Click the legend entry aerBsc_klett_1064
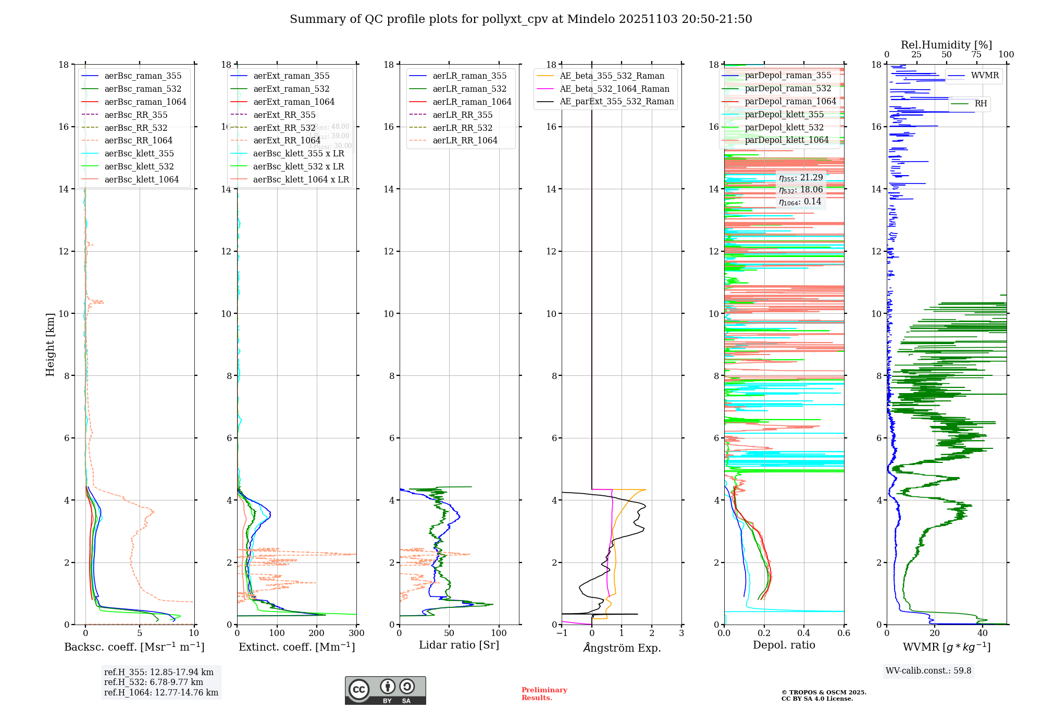click(141, 179)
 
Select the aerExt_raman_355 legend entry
click(291, 76)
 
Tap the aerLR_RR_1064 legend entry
click(465, 141)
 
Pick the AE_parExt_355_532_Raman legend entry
click(616, 102)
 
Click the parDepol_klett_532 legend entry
click(784, 127)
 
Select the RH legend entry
click(981, 104)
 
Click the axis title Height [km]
click(50, 344)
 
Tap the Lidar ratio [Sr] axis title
click(458, 645)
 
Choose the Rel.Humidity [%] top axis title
click(946, 45)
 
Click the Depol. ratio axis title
click(784, 645)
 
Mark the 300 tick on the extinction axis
click(356, 633)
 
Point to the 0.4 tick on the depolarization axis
click(804, 633)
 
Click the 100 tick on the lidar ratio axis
click(499, 633)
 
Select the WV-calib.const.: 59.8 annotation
click(928, 671)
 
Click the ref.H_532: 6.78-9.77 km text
click(153, 682)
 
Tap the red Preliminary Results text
click(544, 694)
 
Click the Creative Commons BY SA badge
click(385, 691)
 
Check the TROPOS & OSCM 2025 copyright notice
click(823, 695)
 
